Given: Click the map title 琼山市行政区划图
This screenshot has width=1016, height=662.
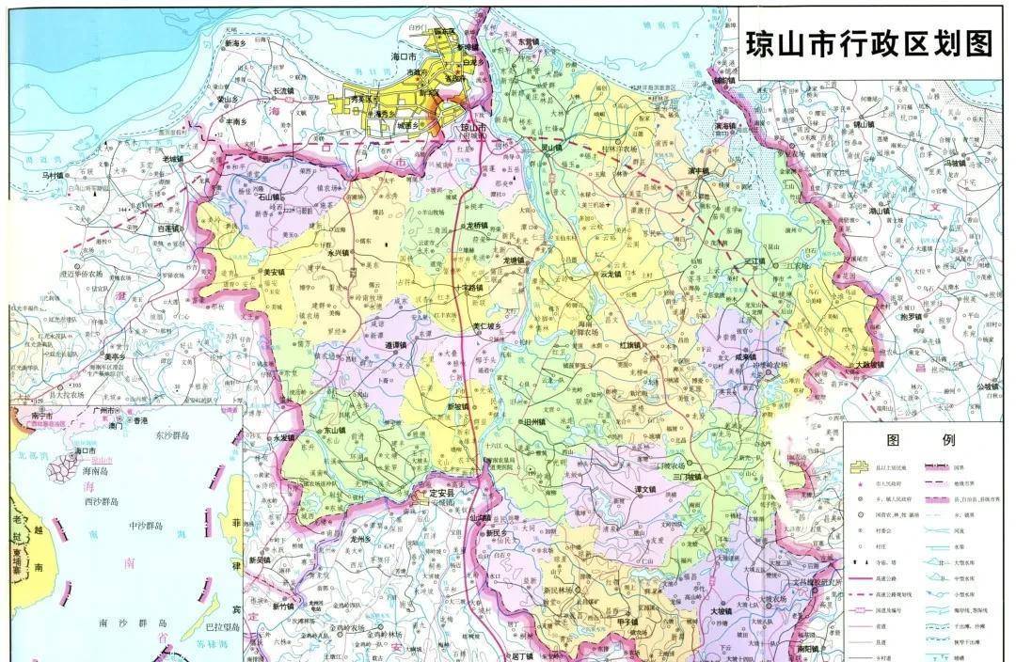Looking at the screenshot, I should pyautogui.click(x=869, y=43).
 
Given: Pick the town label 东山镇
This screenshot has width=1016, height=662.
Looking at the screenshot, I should pyautogui.click(x=335, y=431).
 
